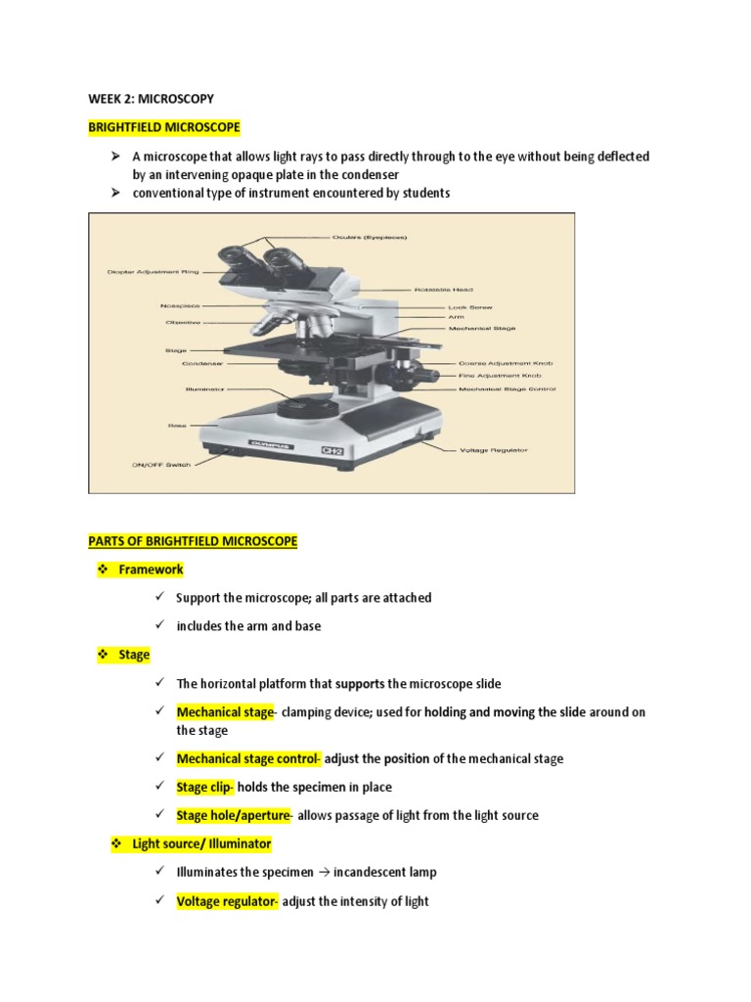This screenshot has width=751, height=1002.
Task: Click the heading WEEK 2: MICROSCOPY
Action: coord(151,99)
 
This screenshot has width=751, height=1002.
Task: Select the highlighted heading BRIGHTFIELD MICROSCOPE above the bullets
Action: coord(163,127)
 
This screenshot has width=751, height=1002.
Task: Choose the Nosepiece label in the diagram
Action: coord(181,306)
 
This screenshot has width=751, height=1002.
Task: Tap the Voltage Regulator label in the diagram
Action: coord(493,450)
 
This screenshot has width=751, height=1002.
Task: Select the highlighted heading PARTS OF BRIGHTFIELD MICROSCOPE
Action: coord(193,541)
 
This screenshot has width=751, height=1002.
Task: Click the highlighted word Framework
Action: coord(151,569)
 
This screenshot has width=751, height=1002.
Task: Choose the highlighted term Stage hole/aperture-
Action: coord(234,815)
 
